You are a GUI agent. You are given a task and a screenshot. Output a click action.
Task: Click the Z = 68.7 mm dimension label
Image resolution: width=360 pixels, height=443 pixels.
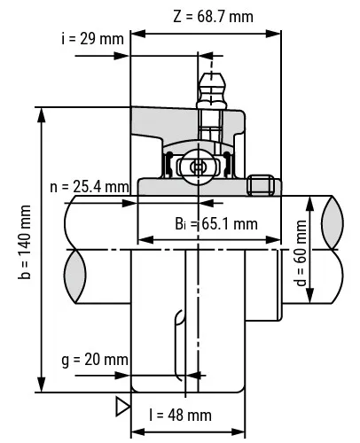pos(213,17)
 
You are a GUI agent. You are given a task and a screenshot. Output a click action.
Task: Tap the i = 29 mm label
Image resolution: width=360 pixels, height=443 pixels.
pos(92,39)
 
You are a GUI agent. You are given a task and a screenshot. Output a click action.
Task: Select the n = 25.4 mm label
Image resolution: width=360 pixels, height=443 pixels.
pos(90,187)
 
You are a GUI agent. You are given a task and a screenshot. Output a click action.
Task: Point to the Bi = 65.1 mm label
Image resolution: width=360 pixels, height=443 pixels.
pos(216,224)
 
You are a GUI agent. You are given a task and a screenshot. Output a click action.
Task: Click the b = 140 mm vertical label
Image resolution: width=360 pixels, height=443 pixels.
pos(25,242)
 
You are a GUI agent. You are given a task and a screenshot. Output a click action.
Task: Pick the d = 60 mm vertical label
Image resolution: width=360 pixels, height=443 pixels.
pos(301,253)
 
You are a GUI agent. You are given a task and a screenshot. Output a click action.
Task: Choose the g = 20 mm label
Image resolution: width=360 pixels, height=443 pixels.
pos(95,360)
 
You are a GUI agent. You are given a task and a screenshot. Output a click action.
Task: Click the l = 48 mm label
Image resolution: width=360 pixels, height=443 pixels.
pos(181,416)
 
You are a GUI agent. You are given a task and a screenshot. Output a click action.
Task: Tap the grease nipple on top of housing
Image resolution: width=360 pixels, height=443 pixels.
pos(211,90)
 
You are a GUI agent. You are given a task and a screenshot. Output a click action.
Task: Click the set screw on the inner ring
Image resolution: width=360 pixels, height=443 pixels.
pos(261,185)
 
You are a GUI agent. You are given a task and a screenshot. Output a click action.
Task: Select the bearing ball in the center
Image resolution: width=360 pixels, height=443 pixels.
pos(197,167)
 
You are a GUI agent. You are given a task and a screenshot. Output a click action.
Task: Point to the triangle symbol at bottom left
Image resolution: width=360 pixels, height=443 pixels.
pos(122,407)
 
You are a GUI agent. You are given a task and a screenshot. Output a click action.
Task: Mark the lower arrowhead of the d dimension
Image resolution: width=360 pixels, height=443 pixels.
pos(309,295)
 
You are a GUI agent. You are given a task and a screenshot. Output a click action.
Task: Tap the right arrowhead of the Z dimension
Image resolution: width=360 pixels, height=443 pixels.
pos(273,34)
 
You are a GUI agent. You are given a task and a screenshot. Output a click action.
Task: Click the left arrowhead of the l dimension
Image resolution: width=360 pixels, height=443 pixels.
pos(138,432)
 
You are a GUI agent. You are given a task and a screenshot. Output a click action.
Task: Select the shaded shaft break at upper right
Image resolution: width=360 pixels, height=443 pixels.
pos(333,222)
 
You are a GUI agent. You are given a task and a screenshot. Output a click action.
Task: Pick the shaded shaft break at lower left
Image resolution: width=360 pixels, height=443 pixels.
pos(75,276)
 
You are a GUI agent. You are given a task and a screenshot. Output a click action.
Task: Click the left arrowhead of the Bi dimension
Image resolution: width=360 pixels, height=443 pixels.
pos(146,240)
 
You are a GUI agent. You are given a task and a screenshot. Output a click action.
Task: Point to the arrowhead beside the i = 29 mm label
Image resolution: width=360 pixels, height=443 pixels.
pos(122,56)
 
